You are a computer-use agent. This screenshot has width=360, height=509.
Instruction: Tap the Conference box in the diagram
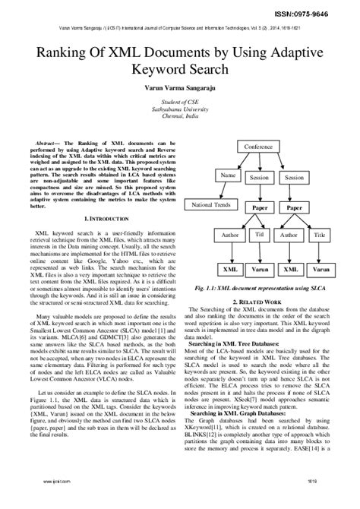pyautogui.click(x=258, y=146)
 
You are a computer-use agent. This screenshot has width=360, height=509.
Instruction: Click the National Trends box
pyautogui.click(x=211, y=205)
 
